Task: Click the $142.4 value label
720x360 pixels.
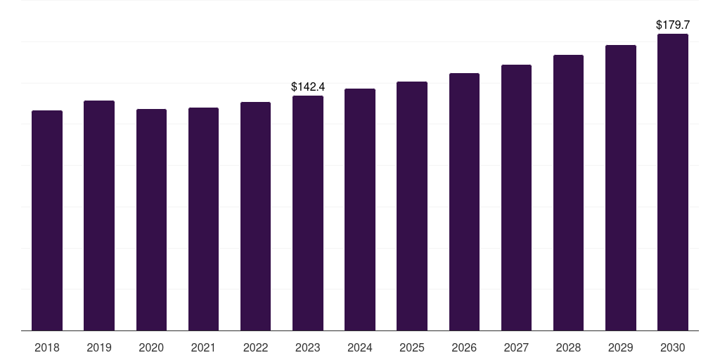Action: (x=308, y=86)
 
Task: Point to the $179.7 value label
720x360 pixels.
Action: (x=673, y=25)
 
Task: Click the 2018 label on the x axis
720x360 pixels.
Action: (x=47, y=347)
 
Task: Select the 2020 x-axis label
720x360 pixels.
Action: (x=151, y=347)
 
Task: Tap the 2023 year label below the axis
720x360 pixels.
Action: (x=308, y=347)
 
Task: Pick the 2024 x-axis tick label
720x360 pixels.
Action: (x=360, y=347)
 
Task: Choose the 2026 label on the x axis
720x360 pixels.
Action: (x=464, y=347)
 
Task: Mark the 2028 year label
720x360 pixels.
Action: (x=568, y=347)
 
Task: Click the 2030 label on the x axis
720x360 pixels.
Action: (x=673, y=347)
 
